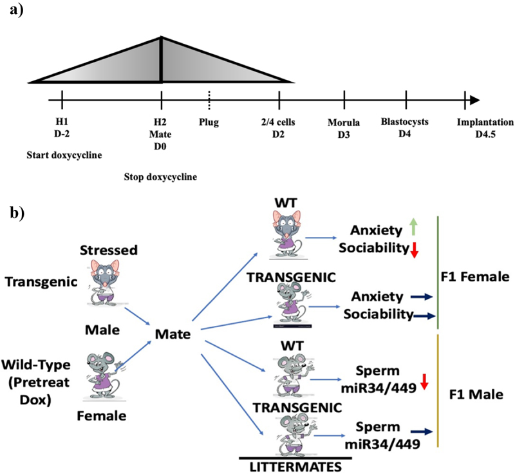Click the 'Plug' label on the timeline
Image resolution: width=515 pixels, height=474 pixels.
pos(209,122)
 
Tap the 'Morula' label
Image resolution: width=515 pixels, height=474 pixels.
pos(344,123)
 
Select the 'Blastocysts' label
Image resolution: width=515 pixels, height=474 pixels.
pos(405,122)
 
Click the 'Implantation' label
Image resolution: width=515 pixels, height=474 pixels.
pos(485,122)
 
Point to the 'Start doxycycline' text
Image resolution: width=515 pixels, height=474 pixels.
pos(64,155)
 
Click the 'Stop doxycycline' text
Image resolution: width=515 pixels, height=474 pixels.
pos(160,177)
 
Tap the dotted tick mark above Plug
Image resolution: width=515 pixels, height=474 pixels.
pos(209,100)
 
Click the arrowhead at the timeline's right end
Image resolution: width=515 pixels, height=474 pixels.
pos(474,100)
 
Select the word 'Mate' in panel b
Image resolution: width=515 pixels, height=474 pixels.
pos(173,334)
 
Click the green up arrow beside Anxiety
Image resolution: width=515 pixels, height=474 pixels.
pos(413,227)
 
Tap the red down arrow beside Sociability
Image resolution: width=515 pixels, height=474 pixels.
pos(415,250)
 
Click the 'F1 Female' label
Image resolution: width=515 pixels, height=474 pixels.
pos(475,277)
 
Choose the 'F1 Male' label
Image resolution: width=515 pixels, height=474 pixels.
pos(476,394)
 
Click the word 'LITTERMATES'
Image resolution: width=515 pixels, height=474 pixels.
pos(295,467)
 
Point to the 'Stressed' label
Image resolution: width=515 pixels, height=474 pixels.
pos(109,251)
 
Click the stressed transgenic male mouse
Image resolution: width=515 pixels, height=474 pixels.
pos(105,283)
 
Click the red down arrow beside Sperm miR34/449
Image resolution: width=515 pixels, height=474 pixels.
pos(424,381)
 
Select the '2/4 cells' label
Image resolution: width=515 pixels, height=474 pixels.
pos(278,122)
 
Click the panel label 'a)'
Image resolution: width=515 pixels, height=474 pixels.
pos(17,10)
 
